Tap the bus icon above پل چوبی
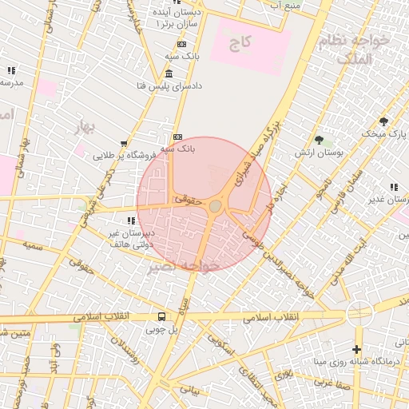162,316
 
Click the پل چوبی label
162,328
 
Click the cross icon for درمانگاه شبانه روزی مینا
356,350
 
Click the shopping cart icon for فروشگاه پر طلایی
123,144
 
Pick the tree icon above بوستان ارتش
319,141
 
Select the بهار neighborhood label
85,127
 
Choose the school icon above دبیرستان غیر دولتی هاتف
129,220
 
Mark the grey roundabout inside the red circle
216,206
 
